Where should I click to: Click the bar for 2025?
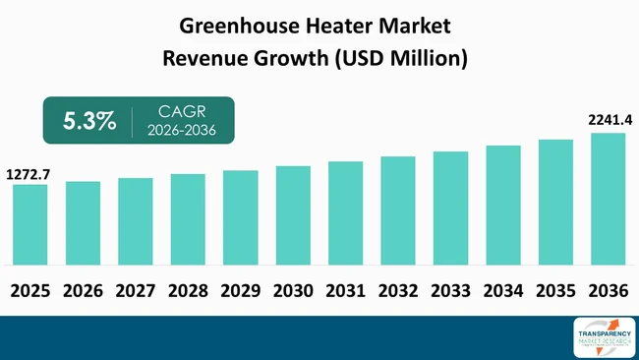tap(29, 224)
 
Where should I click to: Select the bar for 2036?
tap(608, 199)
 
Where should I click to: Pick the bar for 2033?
tap(450, 208)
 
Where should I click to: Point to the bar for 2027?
tap(135, 221)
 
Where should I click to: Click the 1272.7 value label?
tap(29, 174)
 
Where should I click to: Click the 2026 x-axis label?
tap(83, 291)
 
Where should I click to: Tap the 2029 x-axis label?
tap(240, 291)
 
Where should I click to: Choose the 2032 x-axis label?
tap(397, 291)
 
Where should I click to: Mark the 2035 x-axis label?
tap(555, 291)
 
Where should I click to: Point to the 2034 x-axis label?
tap(502, 291)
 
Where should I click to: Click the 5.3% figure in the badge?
tap(89, 121)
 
